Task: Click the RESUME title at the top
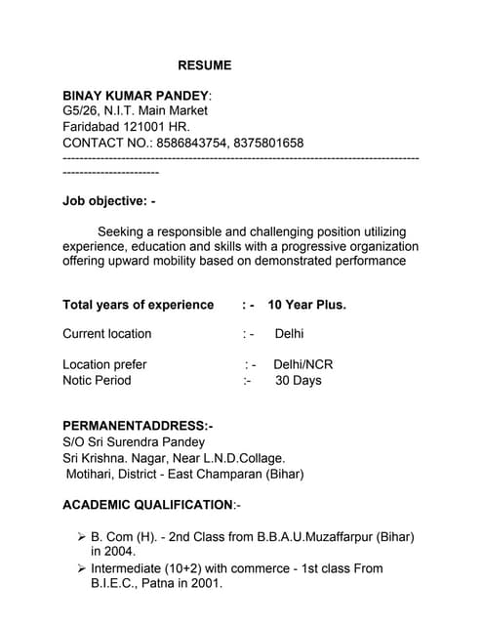(x=205, y=65)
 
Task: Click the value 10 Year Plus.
(x=306, y=305)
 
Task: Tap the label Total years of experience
(x=138, y=305)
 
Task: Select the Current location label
(x=107, y=334)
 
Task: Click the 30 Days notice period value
(x=298, y=380)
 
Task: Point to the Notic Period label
(x=97, y=380)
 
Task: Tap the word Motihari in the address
(x=94, y=474)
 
